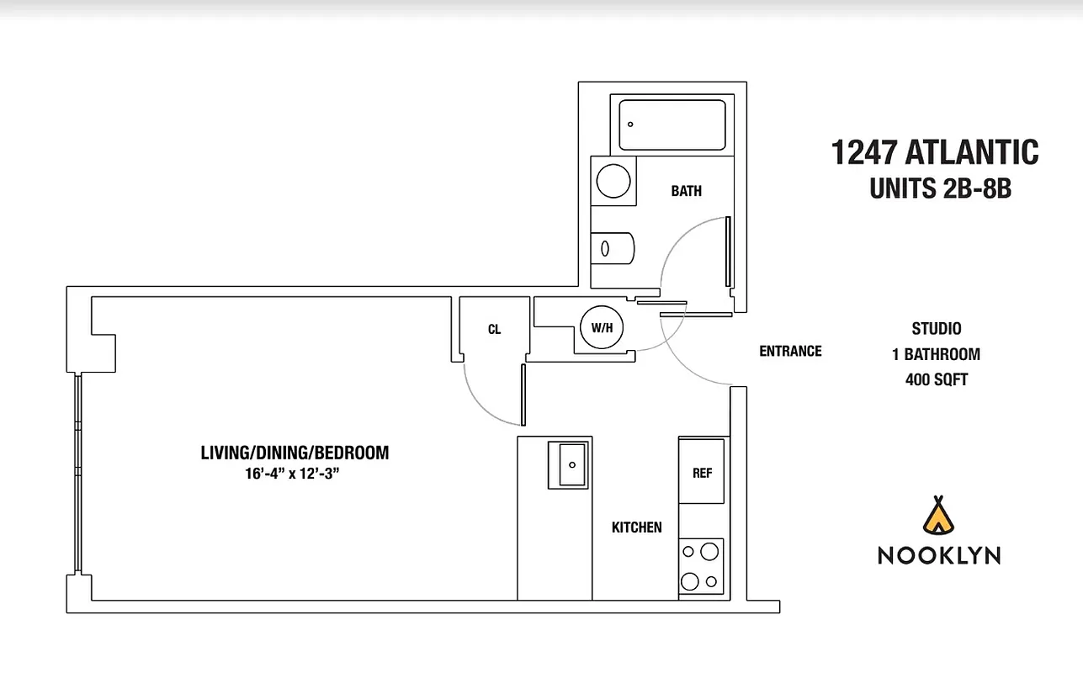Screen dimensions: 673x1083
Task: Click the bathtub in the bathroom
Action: click(x=672, y=125)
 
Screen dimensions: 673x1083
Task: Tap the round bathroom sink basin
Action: click(x=613, y=179)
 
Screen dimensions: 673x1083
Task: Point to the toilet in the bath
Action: click(x=612, y=247)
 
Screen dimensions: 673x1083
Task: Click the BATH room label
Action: click(x=686, y=191)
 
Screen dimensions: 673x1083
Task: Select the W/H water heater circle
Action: click(x=602, y=328)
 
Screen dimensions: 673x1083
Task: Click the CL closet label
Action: click(x=494, y=330)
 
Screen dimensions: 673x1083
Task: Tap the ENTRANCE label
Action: click(x=790, y=351)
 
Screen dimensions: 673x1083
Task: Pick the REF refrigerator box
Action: click(x=702, y=472)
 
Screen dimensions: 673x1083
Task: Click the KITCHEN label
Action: click(x=636, y=527)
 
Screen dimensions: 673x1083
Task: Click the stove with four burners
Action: click(x=701, y=568)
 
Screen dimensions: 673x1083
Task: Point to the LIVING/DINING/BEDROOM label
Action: click(x=295, y=453)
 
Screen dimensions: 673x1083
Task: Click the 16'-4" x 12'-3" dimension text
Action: click(x=295, y=474)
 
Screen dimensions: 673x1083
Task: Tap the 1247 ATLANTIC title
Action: click(x=934, y=153)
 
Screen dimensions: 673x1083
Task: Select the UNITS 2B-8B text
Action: click(x=939, y=189)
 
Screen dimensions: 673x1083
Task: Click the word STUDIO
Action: click(x=936, y=329)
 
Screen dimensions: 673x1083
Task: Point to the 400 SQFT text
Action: click(x=936, y=380)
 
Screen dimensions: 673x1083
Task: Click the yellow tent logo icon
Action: click(x=938, y=515)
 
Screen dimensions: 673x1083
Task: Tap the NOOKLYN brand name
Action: click(x=939, y=555)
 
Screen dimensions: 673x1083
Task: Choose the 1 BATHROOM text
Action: click(x=936, y=354)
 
